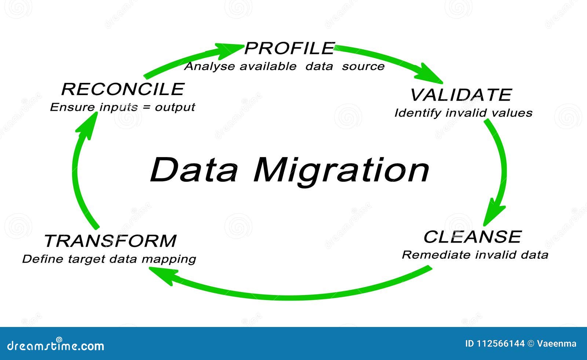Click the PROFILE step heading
[x=289, y=48]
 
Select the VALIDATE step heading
[x=461, y=95]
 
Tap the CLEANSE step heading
[x=473, y=237]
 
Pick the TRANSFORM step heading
[x=110, y=241]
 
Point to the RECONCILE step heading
[x=123, y=89]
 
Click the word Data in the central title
[x=194, y=170]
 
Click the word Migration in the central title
[x=341, y=172]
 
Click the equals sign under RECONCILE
[x=147, y=107]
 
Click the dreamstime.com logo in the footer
[x=55, y=345]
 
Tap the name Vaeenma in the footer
[x=557, y=343]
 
